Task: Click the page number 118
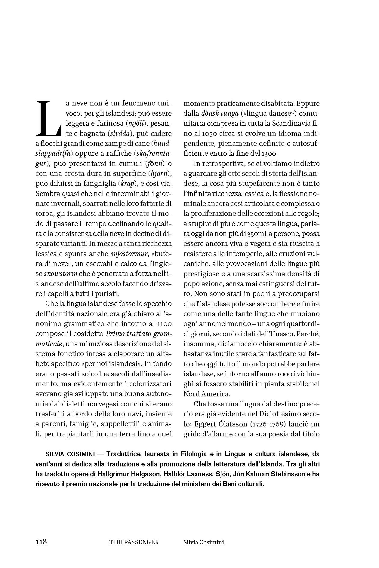[41, 542]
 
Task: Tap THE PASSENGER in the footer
[134, 542]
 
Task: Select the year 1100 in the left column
[164, 324]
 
